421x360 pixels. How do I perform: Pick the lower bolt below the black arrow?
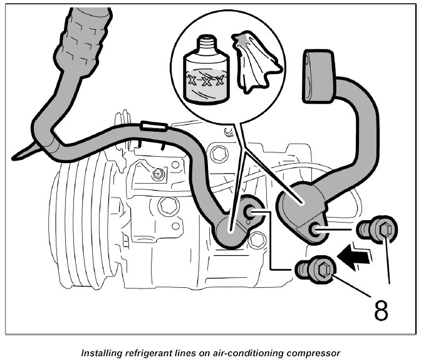(316, 272)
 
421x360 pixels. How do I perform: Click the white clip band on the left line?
(153, 127)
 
